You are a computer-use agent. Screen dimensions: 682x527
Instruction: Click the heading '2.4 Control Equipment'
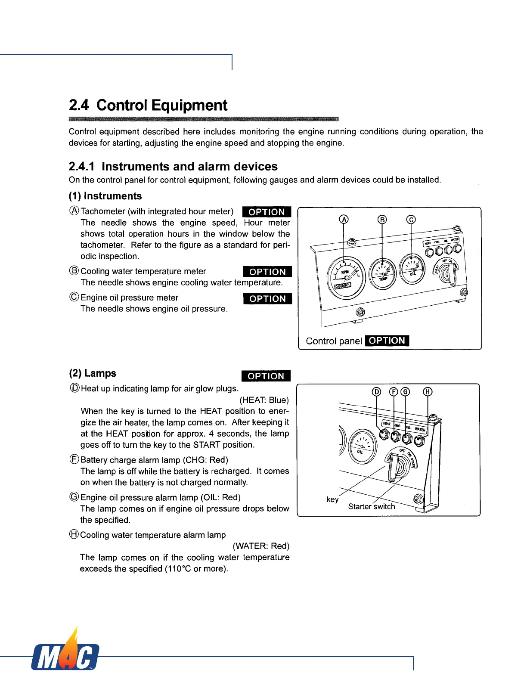pyautogui.click(x=148, y=105)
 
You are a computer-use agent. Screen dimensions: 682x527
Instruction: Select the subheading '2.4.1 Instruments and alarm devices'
pyautogui.click(x=173, y=167)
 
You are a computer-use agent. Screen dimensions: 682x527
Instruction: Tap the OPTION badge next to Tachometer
pyautogui.click(x=267, y=212)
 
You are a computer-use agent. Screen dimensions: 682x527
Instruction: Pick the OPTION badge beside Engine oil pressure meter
pyautogui.click(x=267, y=299)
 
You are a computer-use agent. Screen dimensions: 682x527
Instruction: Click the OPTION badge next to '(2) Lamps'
pyautogui.click(x=266, y=376)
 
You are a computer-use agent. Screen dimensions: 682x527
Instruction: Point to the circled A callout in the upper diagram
pyautogui.click(x=344, y=220)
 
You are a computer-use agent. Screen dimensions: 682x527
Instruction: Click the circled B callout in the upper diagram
pyautogui.click(x=382, y=220)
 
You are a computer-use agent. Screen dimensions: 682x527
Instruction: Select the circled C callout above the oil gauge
pyautogui.click(x=411, y=220)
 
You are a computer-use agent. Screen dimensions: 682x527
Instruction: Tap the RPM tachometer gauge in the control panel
pyautogui.click(x=346, y=278)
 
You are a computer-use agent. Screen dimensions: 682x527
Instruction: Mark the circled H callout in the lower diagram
pyautogui.click(x=428, y=391)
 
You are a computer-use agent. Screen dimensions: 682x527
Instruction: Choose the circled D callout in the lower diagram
pyautogui.click(x=376, y=391)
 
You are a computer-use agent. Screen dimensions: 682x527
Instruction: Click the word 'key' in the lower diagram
pyautogui.click(x=332, y=499)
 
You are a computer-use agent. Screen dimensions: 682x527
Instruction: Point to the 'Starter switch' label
pyautogui.click(x=372, y=506)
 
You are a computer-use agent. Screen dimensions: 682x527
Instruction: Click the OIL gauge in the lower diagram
pyautogui.click(x=362, y=446)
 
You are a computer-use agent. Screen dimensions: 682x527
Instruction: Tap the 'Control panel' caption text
pyautogui.click(x=334, y=341)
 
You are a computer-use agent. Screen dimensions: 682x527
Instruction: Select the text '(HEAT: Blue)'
pyautogui.click(x=264, y=400)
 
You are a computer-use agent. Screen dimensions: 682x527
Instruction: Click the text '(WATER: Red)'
pyautogui.click(x=261, y=546)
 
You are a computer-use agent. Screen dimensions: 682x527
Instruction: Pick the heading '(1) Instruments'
pyautogui.click(x=105, y=196)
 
